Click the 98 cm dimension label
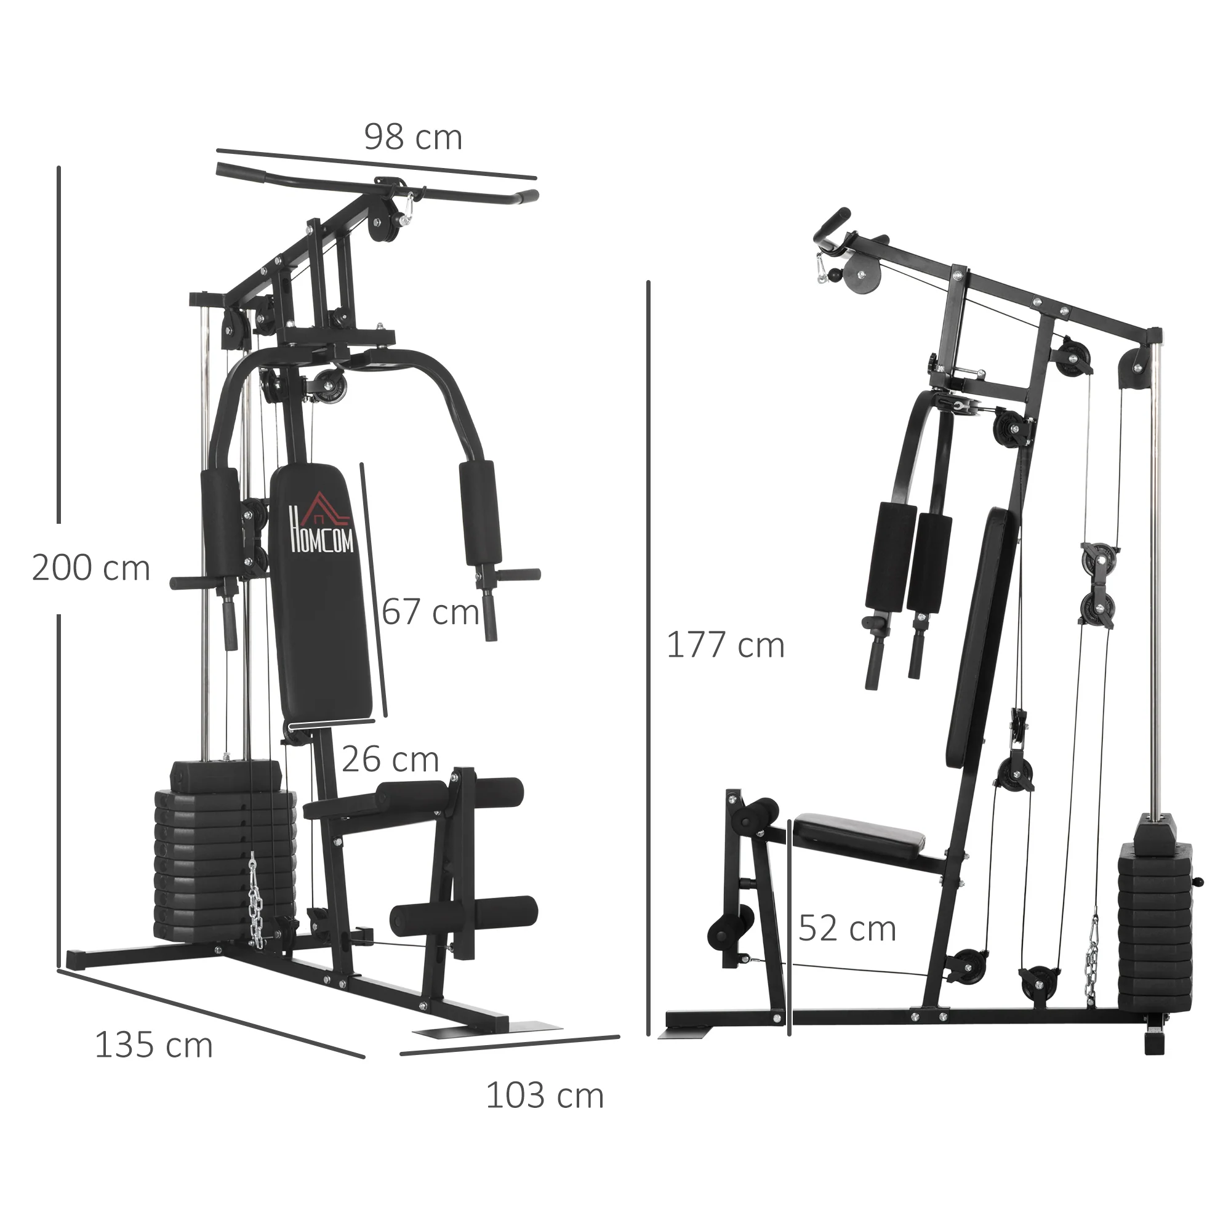click(413, 138)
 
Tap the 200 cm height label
click(90, 567)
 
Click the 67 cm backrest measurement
click(431, 612)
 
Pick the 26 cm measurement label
click(390, 760)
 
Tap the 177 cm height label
click(725, 646)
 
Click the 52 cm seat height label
click(847, 928)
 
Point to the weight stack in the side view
click(1155, 918)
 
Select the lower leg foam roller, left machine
click(464, 916)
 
